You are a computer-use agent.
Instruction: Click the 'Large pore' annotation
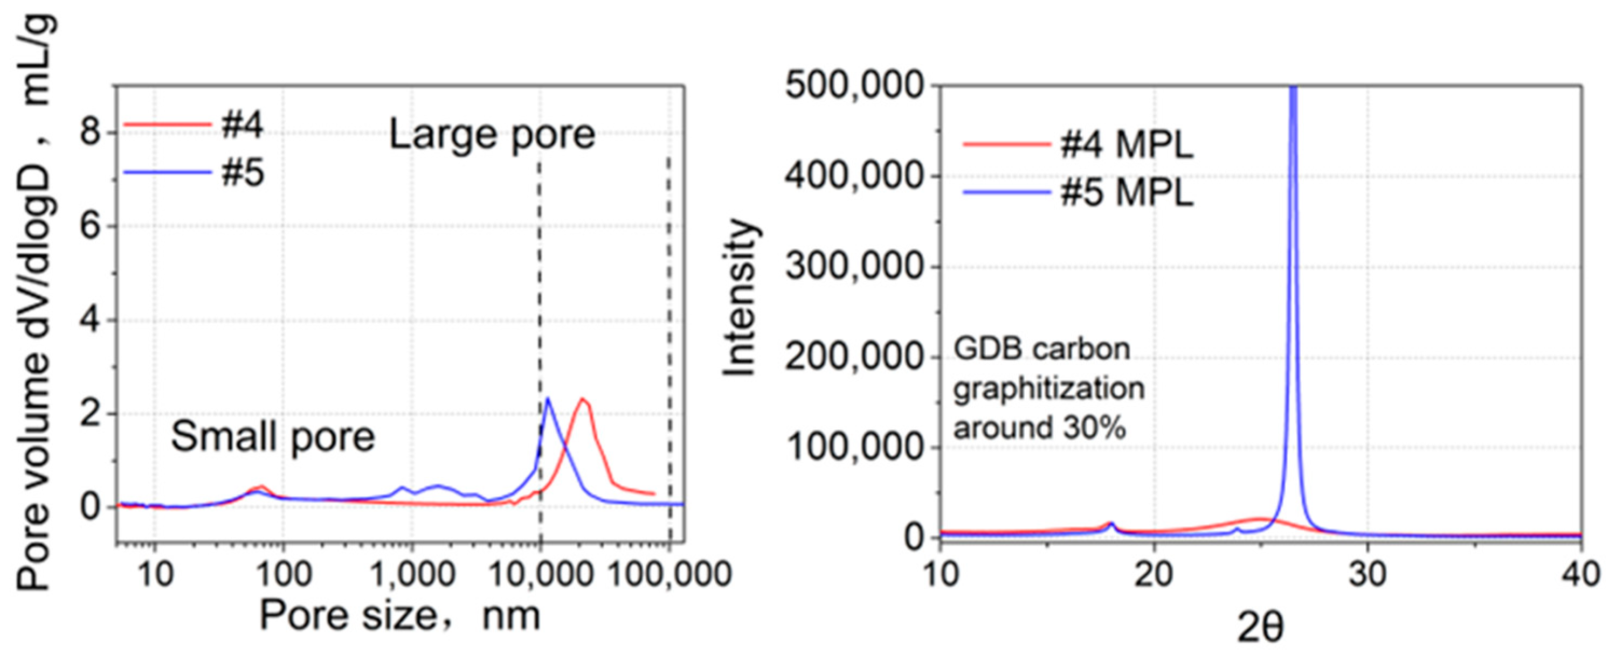tap(492, 135)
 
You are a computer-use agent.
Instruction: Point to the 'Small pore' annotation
tap(273, 436)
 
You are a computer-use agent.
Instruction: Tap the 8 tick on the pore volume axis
tap(90, 133)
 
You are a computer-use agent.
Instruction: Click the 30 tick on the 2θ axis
tap(1368, 573)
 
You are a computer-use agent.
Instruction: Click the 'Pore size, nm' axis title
tap(400, 617)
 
